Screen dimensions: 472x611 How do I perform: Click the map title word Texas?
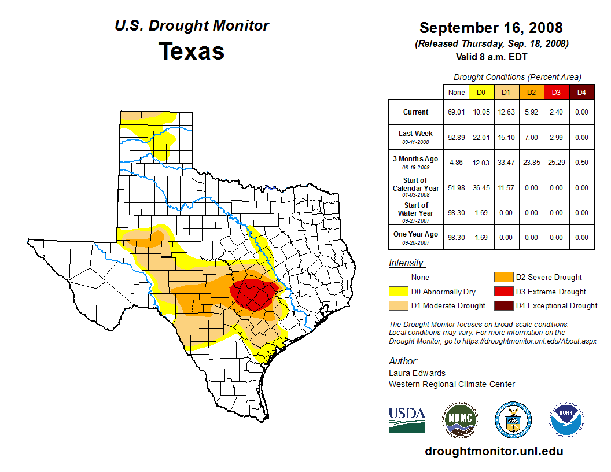coord(192,51)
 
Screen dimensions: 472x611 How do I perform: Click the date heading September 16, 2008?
coord(491,28)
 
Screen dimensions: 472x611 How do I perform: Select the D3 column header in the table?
coord(556,92)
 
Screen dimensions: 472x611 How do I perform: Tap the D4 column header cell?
coord(581,92)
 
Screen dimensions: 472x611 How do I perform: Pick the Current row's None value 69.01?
coord(457,112)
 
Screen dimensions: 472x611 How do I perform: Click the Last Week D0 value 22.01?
coord(481,138)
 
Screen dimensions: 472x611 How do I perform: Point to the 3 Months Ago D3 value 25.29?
coord(556,163)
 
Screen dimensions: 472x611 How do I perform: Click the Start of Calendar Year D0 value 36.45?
coord(481,187)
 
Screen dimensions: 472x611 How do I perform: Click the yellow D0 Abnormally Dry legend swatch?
coord(398,292)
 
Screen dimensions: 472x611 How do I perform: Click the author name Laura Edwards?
coord(417,373)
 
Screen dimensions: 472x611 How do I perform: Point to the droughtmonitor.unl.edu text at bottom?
coord(494,451)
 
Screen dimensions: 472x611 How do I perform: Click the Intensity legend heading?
coord(407,263)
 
